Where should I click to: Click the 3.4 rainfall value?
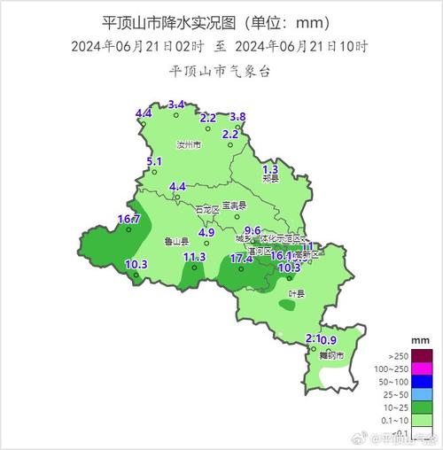[176, 105]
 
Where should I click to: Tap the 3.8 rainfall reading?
[237, 117]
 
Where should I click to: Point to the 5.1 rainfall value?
[154, 161]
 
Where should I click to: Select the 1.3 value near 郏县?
[271, 168]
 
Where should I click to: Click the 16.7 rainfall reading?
[128, 219]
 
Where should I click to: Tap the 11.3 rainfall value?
[194, 257]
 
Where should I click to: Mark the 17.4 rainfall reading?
[242, 259]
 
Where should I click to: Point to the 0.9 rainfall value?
[329, 340]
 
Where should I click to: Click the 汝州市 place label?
[189, 144]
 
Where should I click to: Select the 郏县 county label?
[270, 178]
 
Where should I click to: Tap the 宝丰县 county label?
[235, 206]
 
